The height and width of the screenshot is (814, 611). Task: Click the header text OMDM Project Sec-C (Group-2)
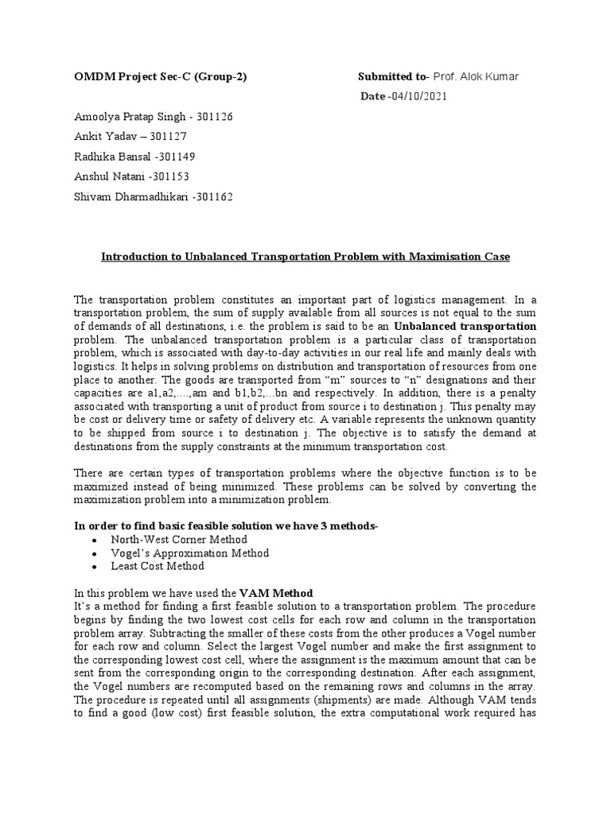click(160, 77)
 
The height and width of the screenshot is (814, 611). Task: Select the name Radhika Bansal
click(118, 156)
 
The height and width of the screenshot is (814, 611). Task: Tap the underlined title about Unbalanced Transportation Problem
click(304, 258)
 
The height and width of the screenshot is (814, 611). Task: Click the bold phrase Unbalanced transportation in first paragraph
click(477, 327)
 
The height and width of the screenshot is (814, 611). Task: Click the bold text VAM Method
click(277, 593)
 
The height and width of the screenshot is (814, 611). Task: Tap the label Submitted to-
click(393, 77)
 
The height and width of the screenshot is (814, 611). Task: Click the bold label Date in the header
click(373, 96)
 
